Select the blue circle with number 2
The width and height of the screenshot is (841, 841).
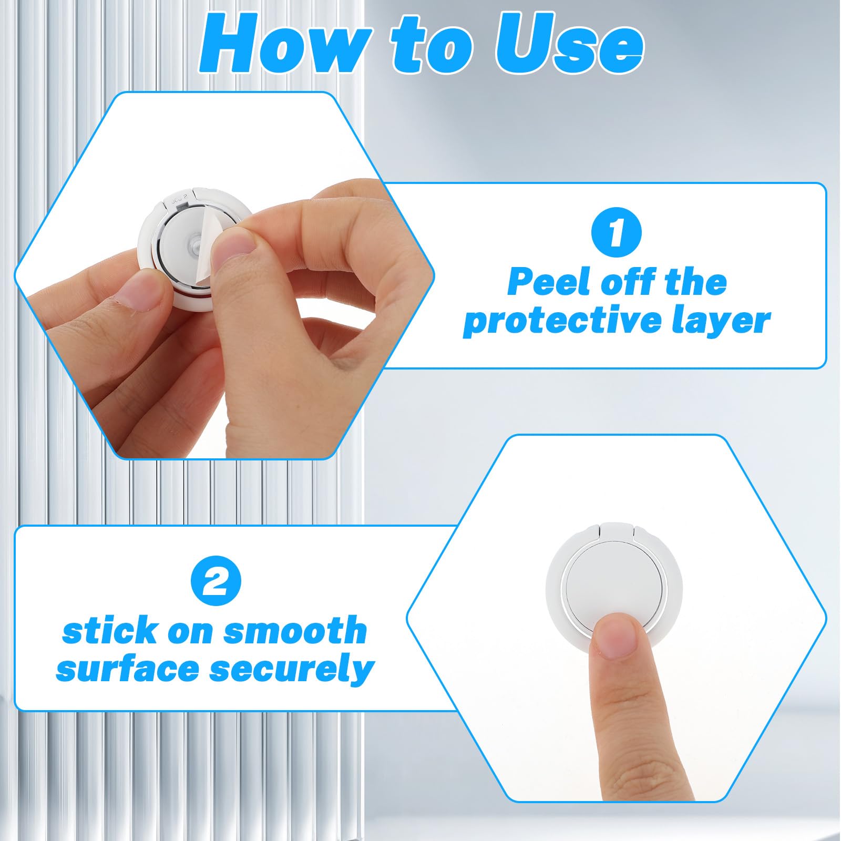tap(216, 582)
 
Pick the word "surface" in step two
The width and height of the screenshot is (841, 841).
tap(127, 669)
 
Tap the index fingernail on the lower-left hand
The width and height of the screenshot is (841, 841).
tap(143, 292)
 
